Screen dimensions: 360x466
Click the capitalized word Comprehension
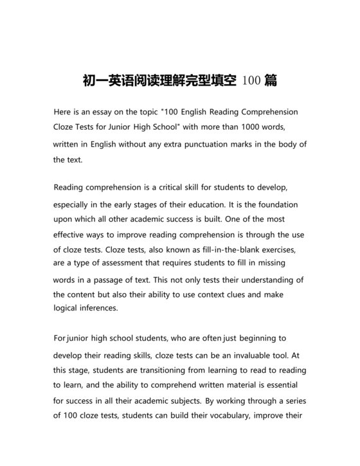click(x=264, y=111)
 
